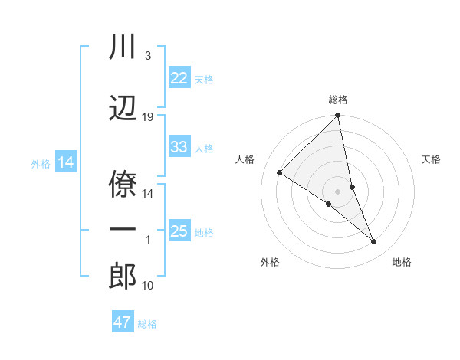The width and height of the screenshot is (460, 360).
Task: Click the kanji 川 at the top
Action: coord(123,47)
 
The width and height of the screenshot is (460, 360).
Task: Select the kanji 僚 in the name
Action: coord(123,182)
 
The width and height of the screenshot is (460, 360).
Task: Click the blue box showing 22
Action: coord(179,78)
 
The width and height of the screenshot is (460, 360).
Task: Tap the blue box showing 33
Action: coord(179,147)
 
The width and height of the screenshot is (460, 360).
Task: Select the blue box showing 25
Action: coord(179,231)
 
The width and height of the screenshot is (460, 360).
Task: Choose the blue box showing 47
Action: coord(122,322)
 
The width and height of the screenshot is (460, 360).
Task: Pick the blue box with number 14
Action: coord(65,162)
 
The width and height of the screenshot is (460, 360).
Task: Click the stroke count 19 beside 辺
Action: coord(148,117)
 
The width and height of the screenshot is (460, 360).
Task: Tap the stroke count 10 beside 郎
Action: coord(148,286)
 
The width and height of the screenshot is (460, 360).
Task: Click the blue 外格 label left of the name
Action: coord(41,163)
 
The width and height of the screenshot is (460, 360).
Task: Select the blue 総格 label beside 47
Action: coord(147,323)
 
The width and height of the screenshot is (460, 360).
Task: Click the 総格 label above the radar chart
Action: coord(338,100)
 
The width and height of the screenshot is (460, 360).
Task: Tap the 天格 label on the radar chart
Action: coord(432,159)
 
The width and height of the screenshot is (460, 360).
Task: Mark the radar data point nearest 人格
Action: coord(279,173)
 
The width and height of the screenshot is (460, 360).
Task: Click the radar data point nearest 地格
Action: coord(374,242)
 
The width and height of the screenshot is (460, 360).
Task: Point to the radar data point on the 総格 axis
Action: coord(338,116)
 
